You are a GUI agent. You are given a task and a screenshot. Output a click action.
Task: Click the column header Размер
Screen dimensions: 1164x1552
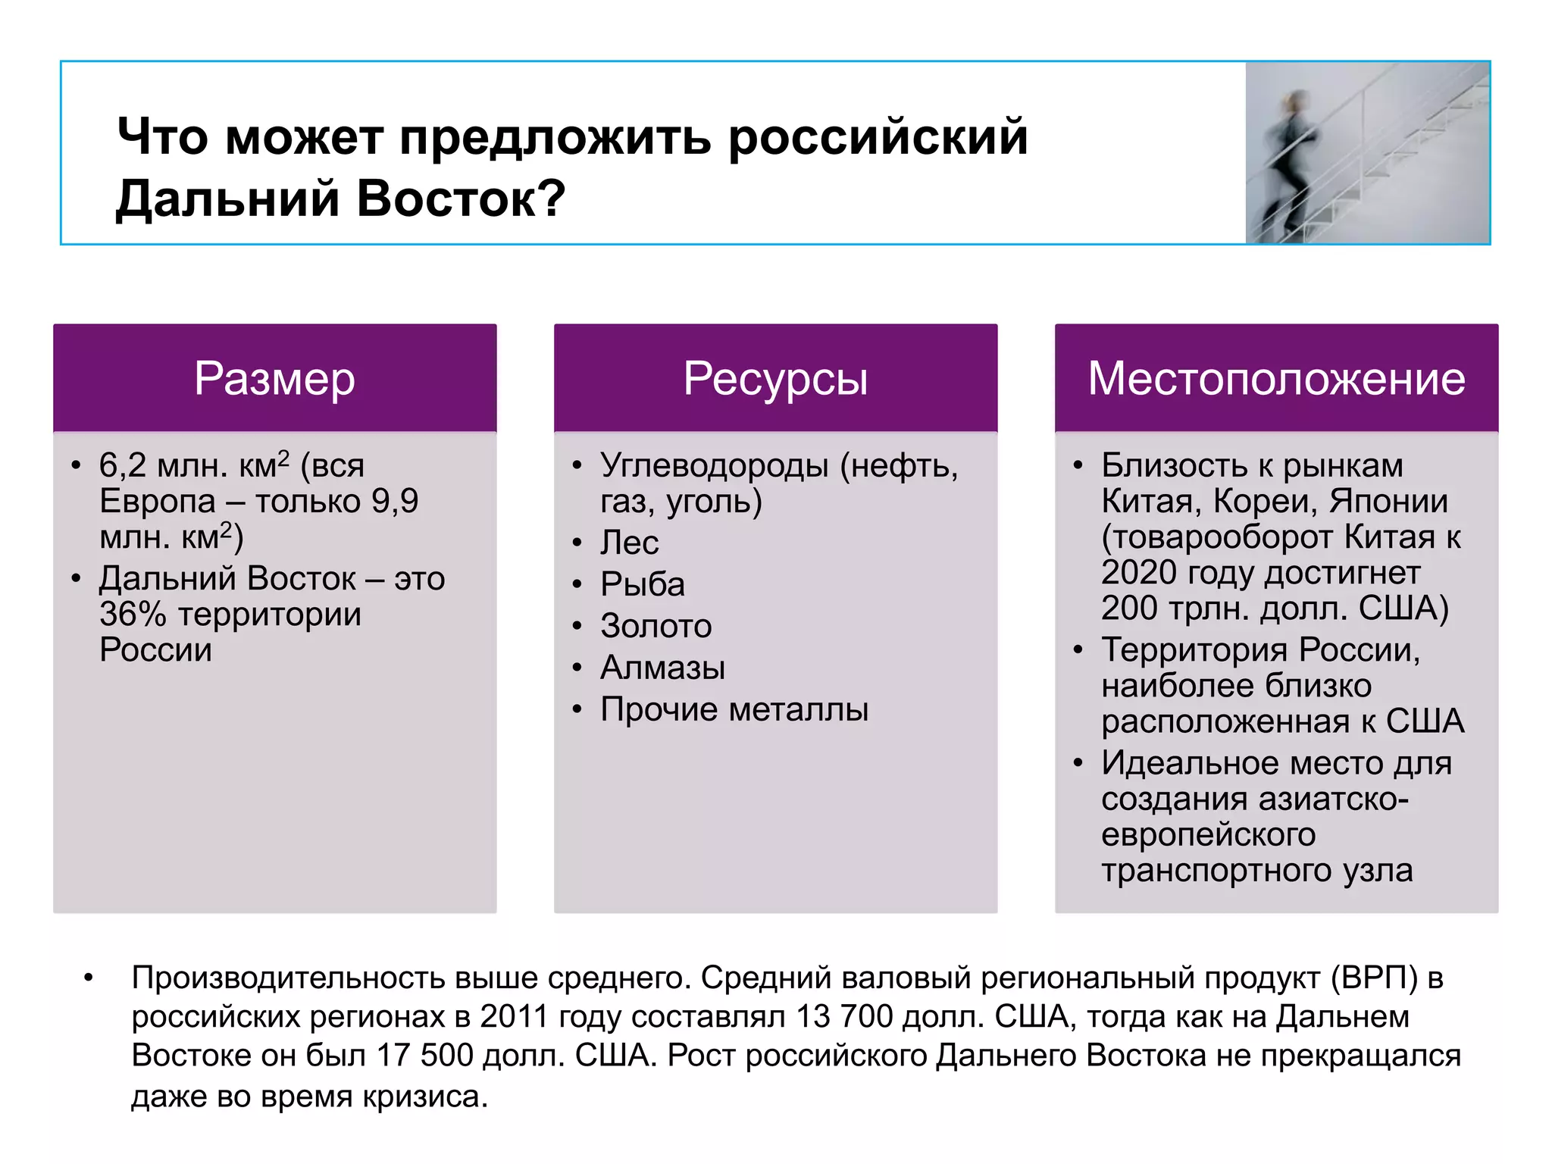(274, 378)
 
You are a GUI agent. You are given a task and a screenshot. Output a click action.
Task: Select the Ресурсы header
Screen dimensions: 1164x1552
(775, 378)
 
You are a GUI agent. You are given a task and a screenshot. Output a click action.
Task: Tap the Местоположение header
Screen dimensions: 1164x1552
(1276, 378)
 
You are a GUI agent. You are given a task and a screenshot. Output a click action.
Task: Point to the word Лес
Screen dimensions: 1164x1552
(629, 543)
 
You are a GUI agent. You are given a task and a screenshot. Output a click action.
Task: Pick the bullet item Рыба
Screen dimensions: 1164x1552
(643, 584)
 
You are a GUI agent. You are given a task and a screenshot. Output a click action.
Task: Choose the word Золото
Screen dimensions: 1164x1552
(656, 626)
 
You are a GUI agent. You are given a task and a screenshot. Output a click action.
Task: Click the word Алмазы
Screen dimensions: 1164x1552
(662, 668)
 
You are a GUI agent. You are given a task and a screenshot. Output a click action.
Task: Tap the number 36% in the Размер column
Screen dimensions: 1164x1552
(133, 615)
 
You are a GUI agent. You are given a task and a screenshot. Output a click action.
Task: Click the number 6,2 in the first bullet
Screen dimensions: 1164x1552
(122, 465)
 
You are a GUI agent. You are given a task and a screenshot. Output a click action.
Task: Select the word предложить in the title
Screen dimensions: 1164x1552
(555, 137)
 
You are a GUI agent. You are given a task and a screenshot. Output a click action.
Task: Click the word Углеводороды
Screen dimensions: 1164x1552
(714, 465)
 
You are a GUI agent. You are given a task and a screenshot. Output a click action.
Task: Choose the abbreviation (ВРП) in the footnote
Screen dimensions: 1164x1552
(1374, 978)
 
